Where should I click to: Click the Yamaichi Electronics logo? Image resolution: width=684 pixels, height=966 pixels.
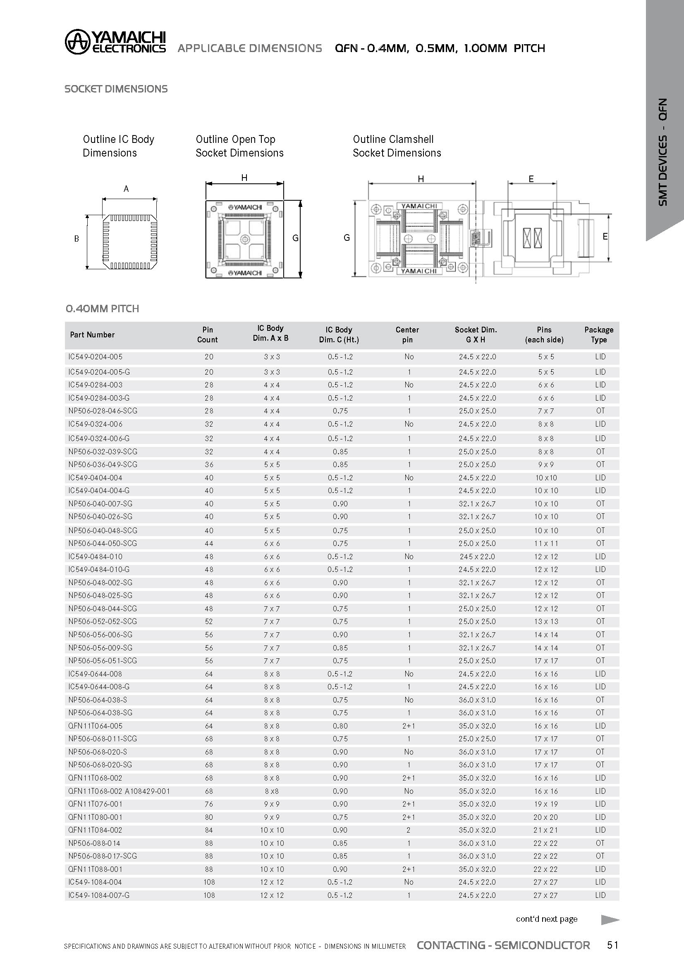tap(115, 42)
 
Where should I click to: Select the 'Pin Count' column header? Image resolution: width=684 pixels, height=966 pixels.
tap(207, 335)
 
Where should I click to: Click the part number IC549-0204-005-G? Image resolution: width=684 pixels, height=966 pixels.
tap(99, 372)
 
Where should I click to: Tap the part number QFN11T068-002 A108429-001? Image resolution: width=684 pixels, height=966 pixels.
tap(119, 791)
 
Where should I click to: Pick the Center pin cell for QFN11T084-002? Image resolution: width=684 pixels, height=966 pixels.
tap(408, 830)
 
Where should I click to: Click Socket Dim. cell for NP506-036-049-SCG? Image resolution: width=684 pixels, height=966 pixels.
tap(477, 465)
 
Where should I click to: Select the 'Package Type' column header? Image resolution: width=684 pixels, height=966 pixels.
tap(598, 335)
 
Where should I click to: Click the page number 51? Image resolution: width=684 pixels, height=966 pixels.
tap(612, 945)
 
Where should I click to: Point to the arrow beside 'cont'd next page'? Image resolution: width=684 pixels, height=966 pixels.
tap(610, 920)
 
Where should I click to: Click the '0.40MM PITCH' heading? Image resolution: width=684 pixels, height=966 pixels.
tap(102, 309)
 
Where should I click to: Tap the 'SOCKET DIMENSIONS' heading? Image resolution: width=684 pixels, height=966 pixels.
tap(116, 89)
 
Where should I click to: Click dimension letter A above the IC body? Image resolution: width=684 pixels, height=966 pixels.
tap(126, 189)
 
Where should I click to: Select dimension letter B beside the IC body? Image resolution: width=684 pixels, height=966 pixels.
tap(77, 239)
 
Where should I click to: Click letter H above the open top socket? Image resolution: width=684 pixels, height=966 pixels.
tap(244, 178)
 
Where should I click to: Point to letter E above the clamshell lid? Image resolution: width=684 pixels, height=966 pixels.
tap(531, 179)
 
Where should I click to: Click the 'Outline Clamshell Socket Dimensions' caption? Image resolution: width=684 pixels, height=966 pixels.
tap(397, 146)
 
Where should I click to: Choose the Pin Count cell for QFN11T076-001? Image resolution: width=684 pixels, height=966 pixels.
tap(209, 804)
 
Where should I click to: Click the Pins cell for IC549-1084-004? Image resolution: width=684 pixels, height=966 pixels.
tap(545, 882)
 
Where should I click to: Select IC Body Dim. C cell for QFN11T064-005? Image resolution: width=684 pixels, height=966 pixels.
tap(340, 726)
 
